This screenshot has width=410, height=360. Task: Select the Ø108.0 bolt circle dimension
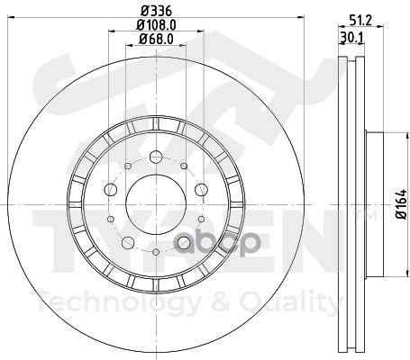click(x=156, y=25)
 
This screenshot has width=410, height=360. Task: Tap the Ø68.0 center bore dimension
click(x=156, y=39)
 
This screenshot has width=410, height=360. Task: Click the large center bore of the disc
click(x=155, y=195)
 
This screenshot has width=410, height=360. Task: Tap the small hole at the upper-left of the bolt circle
click(x=129, y=165)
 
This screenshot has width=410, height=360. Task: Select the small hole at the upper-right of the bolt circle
click(x=182, y=165)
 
